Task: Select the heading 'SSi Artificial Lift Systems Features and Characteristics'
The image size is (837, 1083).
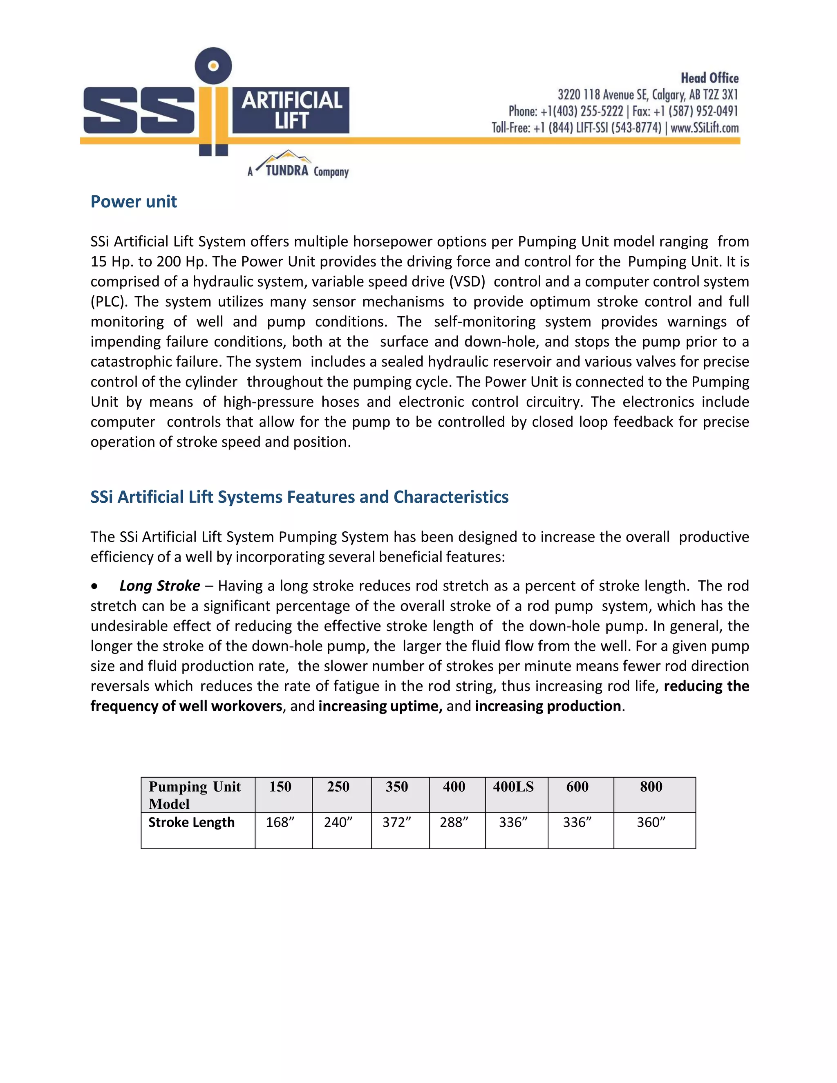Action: coord(299,497)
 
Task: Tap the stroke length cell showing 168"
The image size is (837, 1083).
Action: coord(280,823)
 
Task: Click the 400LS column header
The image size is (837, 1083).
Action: coord(513,787)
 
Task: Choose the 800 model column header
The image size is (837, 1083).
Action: coord(651,787)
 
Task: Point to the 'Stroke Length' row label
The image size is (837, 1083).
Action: coord(191,823)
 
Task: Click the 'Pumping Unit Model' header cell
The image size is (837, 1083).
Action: coord(195,795)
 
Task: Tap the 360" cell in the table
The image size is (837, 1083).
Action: coord(651,823)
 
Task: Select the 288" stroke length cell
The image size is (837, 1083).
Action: coord(454,823)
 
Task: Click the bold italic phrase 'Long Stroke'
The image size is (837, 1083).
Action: coord(160,586)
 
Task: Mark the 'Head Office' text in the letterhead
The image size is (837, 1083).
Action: coord(709,78)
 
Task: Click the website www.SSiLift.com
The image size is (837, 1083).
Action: coord(705,128)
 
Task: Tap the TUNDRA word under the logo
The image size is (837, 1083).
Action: coord(286,171)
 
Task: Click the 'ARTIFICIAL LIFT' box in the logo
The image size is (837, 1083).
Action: coord(291,110)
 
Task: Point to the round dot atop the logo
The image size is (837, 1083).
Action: coord(213,66)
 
